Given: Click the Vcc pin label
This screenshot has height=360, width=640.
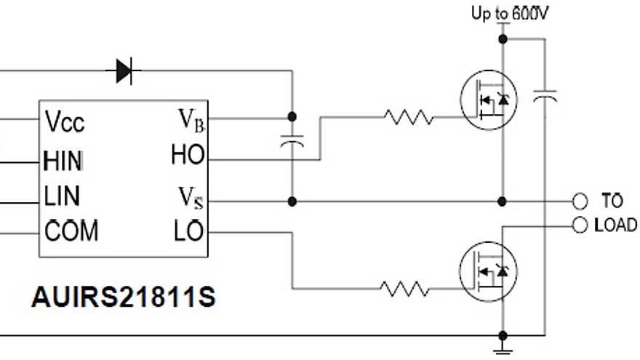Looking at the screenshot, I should click(65, 121).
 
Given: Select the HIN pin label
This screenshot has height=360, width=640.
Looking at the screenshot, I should click(63, 159).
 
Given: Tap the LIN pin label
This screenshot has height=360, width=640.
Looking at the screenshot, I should click(62, 196).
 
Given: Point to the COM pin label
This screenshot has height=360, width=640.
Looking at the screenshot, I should click(71, 232).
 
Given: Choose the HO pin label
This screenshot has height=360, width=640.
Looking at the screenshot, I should click(188, 155).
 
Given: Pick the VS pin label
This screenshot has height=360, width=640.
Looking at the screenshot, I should click(191, 196).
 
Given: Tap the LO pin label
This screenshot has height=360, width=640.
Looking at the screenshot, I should click(188, 232).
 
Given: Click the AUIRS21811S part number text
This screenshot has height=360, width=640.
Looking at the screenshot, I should click(123, 298).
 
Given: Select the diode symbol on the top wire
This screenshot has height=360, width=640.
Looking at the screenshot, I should click(124, 71).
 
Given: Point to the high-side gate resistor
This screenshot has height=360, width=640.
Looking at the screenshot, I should click(408, 116).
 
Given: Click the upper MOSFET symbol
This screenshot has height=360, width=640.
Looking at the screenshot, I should click(488, 102).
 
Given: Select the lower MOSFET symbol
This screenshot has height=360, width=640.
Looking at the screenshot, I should click(488, 271).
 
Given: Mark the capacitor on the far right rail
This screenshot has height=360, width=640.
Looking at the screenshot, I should click(545, 96).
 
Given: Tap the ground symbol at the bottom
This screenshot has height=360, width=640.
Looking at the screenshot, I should click(503, 351).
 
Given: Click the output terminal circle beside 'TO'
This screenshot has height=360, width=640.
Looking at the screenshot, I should click(580, 201).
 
